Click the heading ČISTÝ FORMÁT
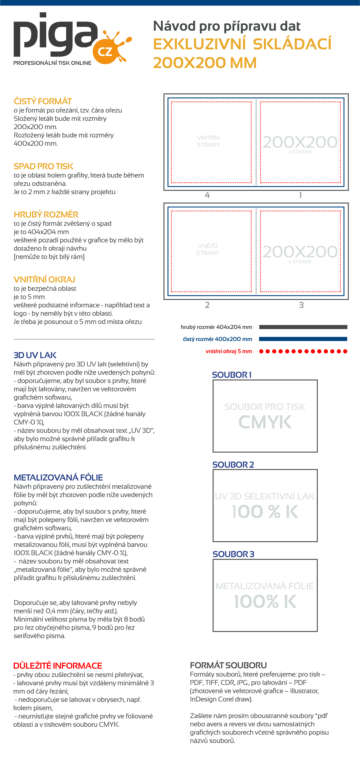coord(43,101)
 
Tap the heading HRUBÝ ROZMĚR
coord(46,214)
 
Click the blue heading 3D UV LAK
coord(35,355)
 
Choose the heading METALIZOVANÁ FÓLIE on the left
coord(58,477)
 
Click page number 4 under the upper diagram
coord(207,195)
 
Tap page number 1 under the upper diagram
coord(300,195)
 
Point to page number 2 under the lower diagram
coord(207,305)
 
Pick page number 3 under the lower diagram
coord(301,305)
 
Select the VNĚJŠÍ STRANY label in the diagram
coord(208,249)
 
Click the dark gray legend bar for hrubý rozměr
coord(303,327)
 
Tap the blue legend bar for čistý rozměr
coord(303,339)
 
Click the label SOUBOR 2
coord(233,465)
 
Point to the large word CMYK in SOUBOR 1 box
coord(265,422)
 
